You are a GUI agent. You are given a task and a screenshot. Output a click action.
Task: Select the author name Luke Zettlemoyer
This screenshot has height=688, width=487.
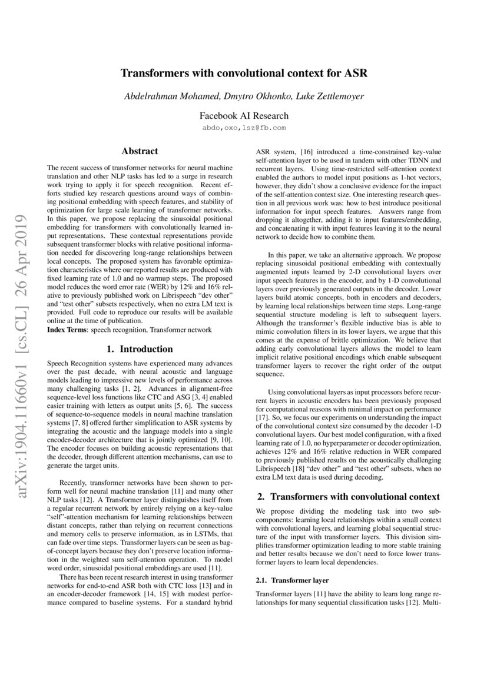pos(330,96)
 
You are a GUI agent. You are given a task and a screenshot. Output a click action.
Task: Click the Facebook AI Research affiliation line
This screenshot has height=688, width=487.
pos(243,116)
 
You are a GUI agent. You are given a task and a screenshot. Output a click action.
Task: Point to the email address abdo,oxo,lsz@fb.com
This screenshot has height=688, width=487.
pos(243,127)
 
